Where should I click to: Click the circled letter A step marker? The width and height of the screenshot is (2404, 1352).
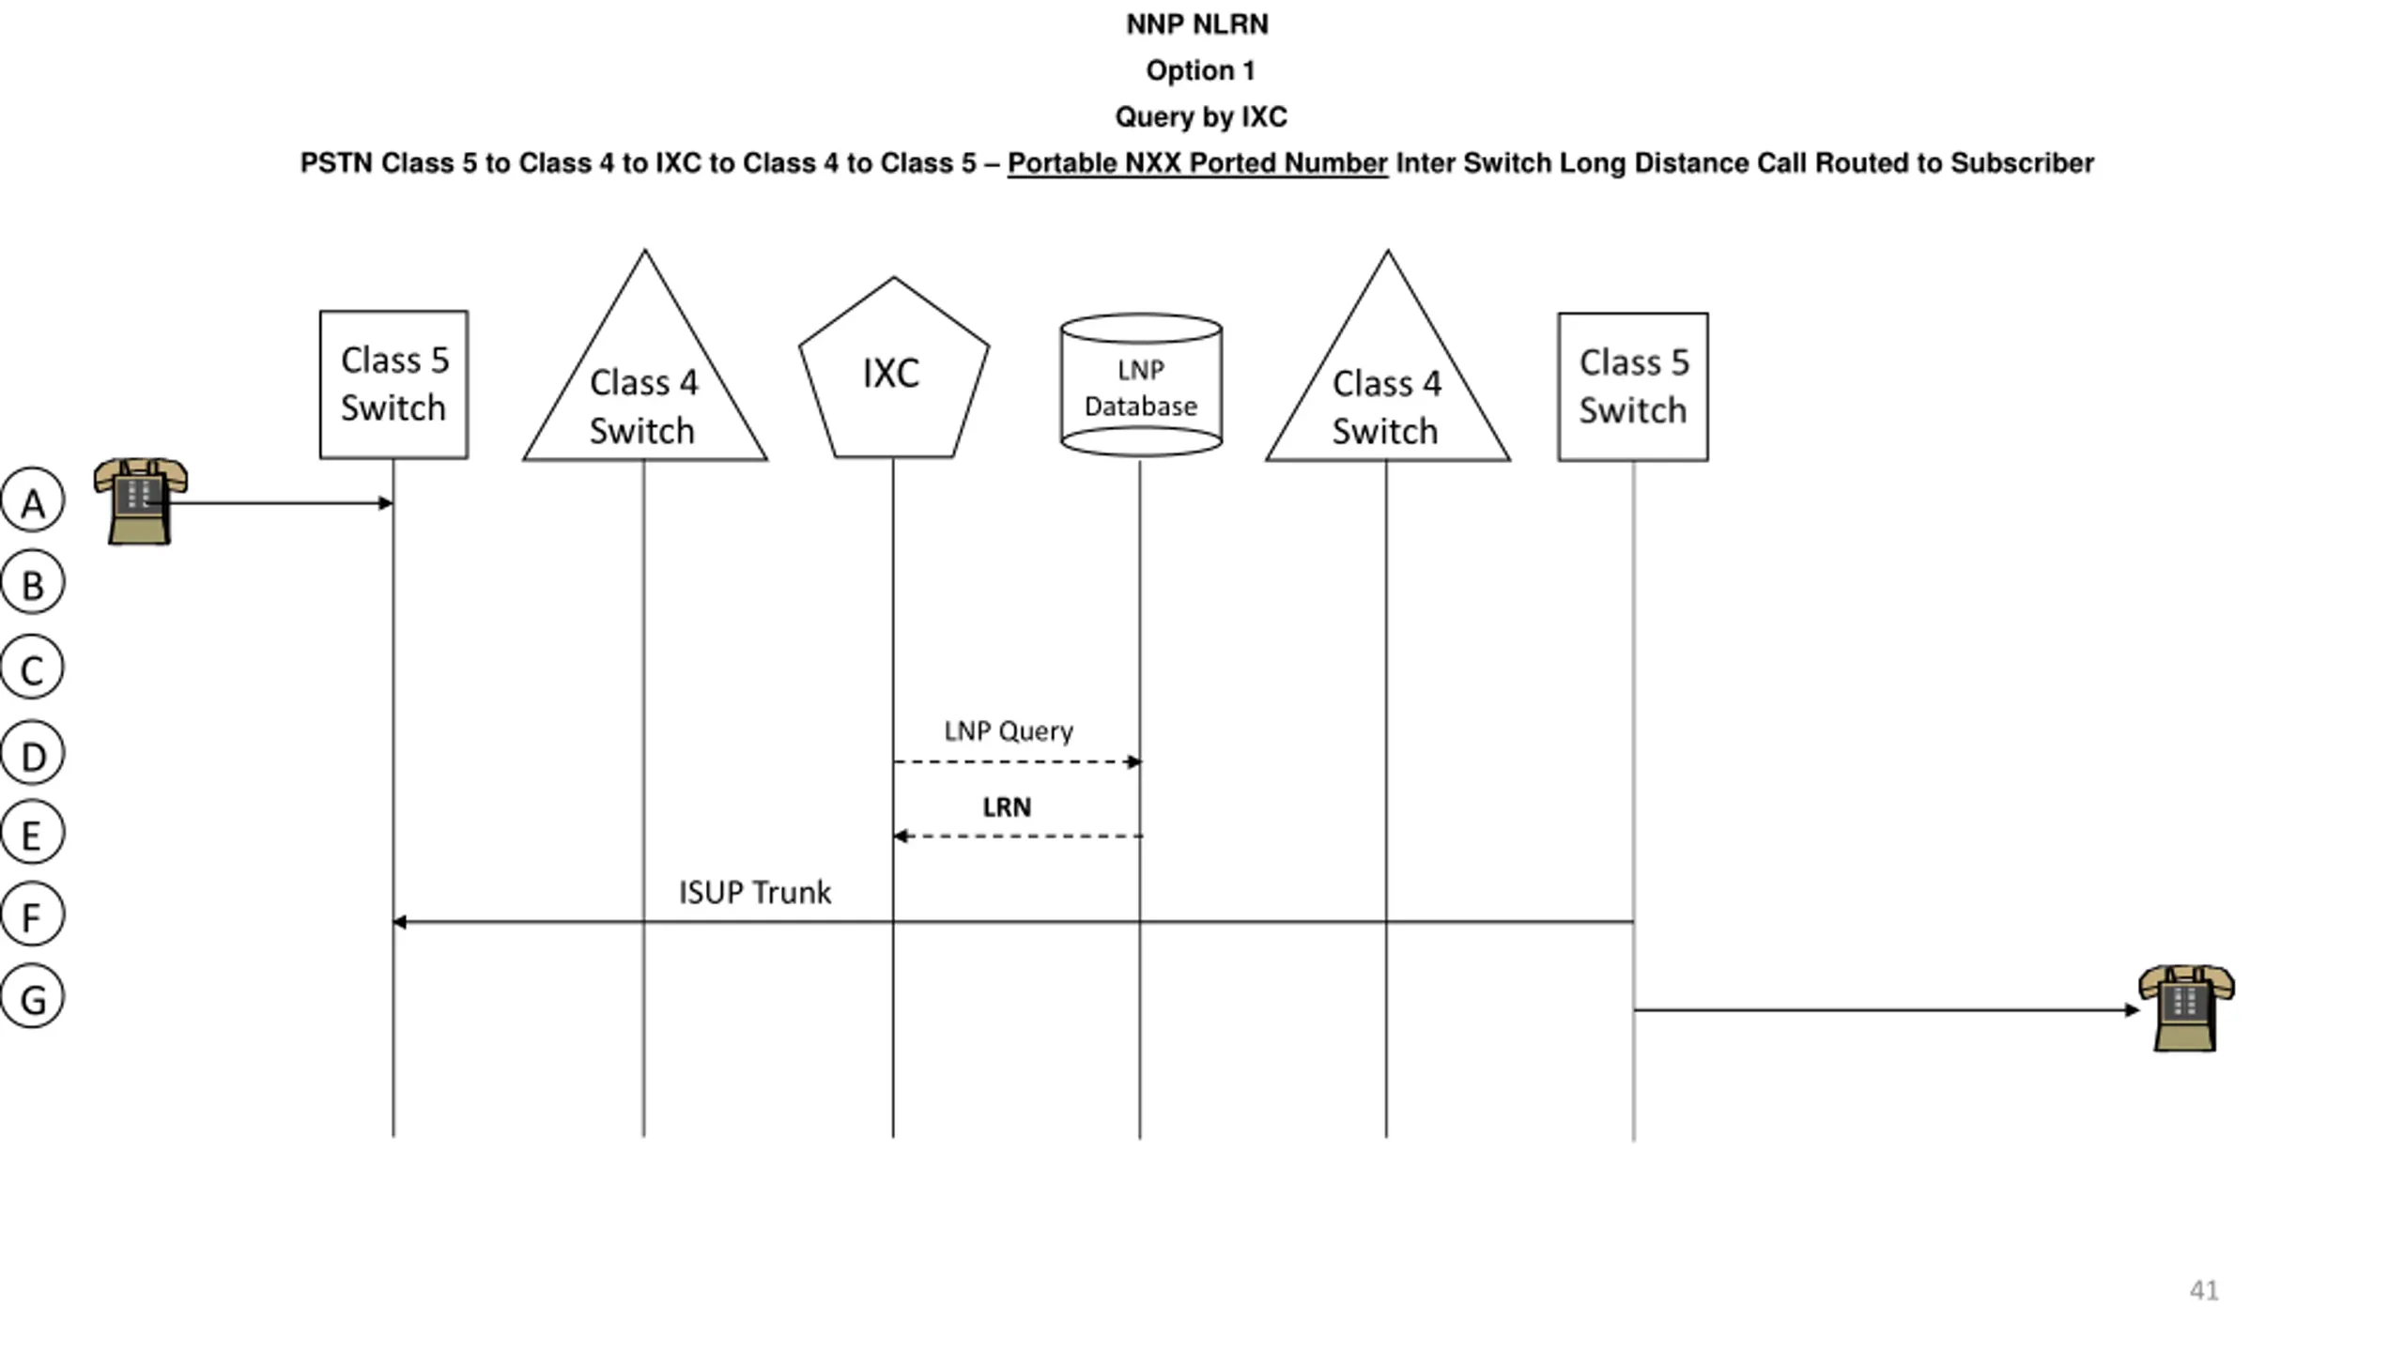(x=33, y=500)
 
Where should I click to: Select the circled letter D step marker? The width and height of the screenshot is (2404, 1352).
(x=33, y=753)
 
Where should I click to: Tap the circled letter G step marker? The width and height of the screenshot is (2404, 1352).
(x=33, y=996)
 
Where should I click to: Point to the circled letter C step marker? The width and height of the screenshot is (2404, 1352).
(x=33, y=668)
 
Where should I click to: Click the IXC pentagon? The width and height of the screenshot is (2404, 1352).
(x=893, y=368)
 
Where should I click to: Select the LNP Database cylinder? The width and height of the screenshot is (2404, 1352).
(x=1141, y=385)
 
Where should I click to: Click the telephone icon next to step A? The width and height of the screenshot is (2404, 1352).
(x=141, y=501)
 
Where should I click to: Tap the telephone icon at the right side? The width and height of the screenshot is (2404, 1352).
(x=2186, y=1008)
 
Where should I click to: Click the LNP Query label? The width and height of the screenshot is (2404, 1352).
(x=1009, y=730)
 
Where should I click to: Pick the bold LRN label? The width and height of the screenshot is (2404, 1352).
(x=1007, y=807)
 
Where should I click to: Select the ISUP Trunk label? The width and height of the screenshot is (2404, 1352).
(x=755, y=892)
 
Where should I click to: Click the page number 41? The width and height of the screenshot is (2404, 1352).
(x=2204, y=1290)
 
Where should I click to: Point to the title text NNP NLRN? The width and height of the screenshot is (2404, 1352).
(x=1197, y=24)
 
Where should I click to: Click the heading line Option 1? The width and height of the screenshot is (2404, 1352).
(x=1200, y=70)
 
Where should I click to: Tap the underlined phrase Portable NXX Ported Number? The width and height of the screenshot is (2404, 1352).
(x=1197, y=163)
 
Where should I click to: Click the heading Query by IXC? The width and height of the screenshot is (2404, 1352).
(x=1201, y=116)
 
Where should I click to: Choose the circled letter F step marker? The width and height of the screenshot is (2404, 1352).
(x=33, y=914)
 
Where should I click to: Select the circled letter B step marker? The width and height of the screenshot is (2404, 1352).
(x=33, y=582)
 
